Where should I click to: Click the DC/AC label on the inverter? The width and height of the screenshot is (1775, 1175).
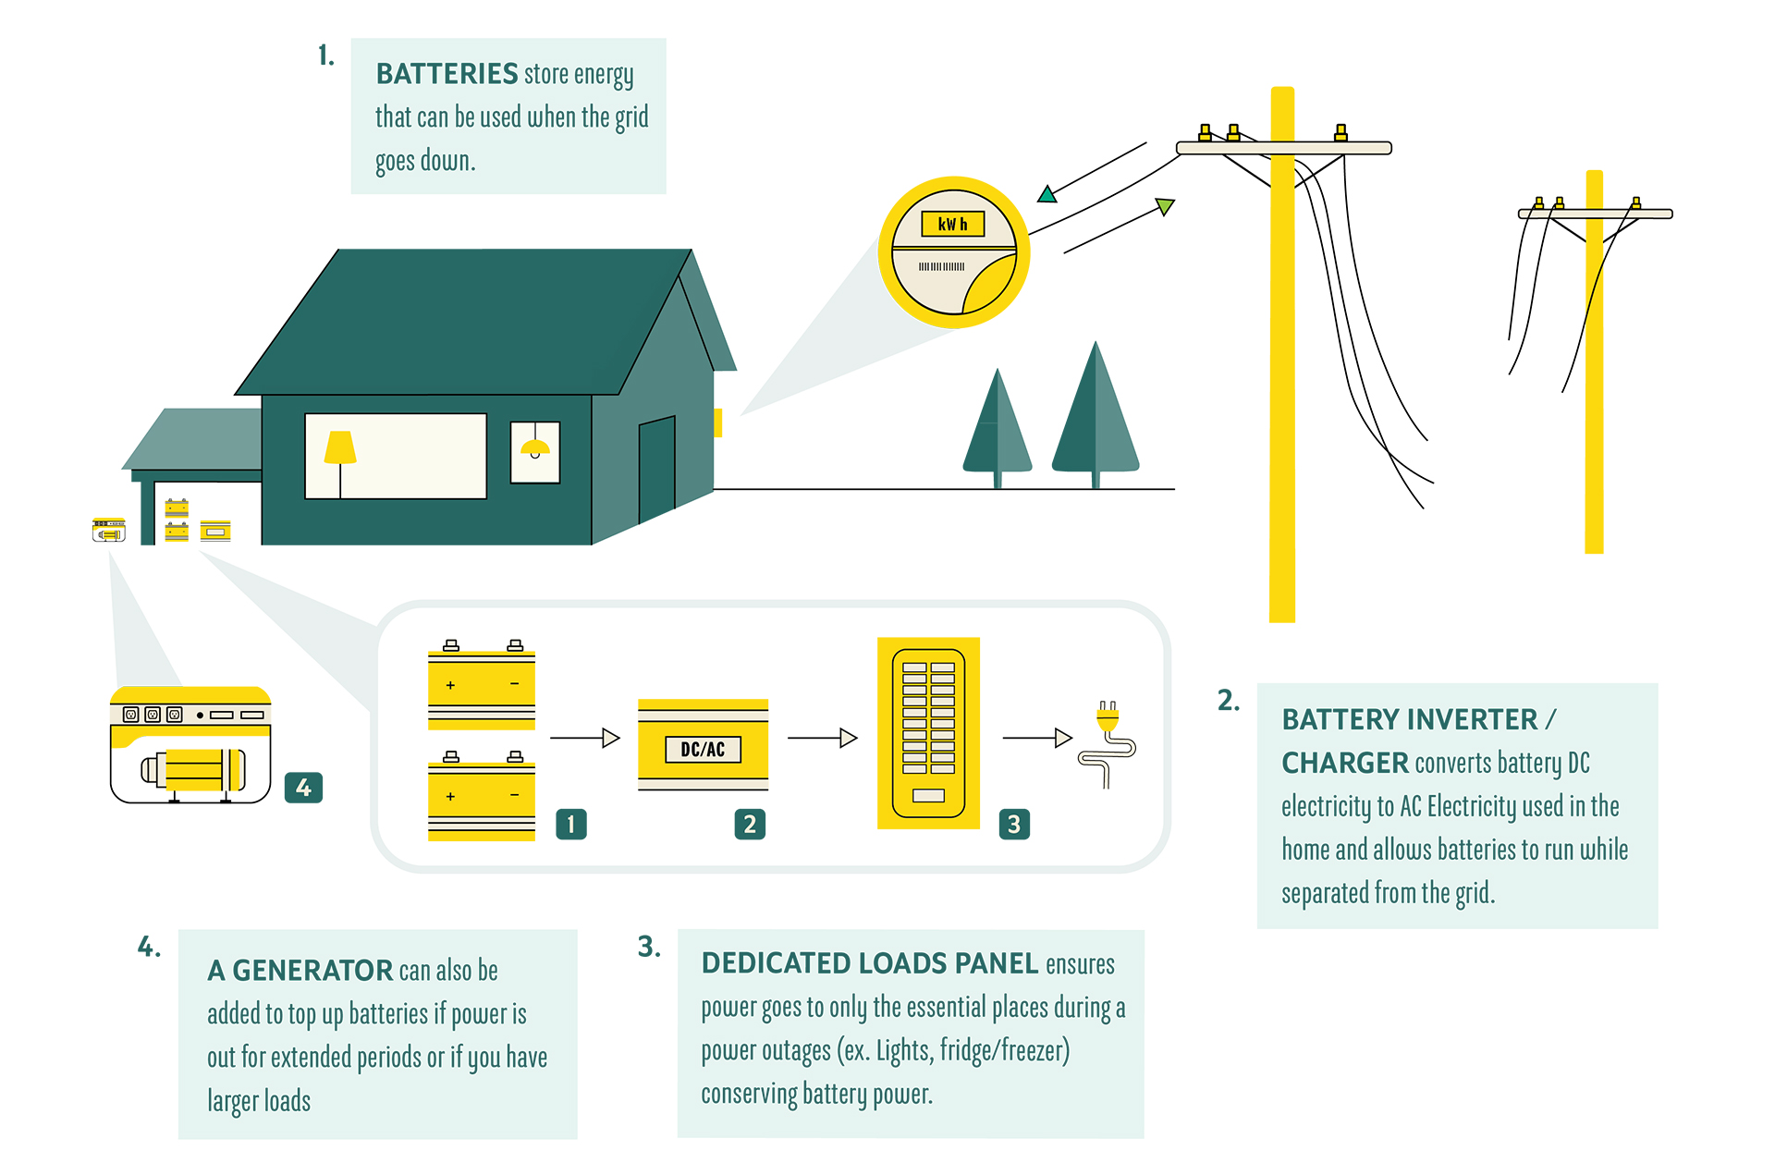coord(703,749)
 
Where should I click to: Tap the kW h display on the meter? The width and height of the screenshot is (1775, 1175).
coord(952,224)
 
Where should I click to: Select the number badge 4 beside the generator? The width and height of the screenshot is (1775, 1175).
coord(303,788)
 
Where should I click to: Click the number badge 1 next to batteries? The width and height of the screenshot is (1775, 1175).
coord(570,824)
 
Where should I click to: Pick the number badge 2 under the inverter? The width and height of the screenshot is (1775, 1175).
coord(750,824)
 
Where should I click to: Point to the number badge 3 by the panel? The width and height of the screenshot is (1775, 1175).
coord(1014,824)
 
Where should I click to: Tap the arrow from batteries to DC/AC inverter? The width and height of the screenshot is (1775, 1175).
coord(584,738)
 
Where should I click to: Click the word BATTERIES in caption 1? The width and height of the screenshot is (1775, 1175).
coord(447,74)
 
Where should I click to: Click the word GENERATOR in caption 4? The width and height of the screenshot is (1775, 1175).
coord(312,971)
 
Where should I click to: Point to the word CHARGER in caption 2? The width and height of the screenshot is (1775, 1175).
coord(1344,763)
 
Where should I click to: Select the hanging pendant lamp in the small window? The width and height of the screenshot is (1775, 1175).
coord(535,448)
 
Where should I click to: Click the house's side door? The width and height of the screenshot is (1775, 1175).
coord(656,468)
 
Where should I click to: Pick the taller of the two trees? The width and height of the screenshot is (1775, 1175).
coord(1096,416)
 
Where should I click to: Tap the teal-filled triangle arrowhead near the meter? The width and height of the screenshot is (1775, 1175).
coord(1047,194)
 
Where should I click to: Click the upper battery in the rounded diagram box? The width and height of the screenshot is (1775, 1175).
coord(482,685)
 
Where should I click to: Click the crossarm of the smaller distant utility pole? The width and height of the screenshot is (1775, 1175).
coord(1595,214)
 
